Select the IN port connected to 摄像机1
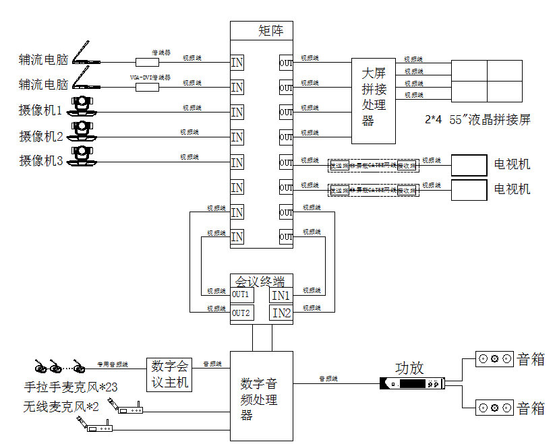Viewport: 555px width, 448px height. coord(237,112)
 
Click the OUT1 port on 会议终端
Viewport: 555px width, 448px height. coord(241,294)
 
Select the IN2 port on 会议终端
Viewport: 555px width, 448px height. coord(281,313)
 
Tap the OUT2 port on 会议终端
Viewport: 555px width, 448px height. coord(241,313)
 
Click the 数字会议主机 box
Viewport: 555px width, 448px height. coord(169,375)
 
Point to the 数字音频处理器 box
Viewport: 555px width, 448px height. coord(262,396)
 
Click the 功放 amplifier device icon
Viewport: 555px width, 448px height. coord(412,384)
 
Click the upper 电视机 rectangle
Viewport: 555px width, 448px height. coord(469,164)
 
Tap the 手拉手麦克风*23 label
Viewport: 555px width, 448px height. coord(70,388)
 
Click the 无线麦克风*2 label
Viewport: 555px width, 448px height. coord(61,407)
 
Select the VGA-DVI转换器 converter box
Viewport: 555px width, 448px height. coord(147,87)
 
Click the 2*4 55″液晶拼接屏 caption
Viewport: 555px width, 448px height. coord(477,120)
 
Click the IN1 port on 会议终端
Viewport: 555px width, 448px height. coord(281,295)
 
